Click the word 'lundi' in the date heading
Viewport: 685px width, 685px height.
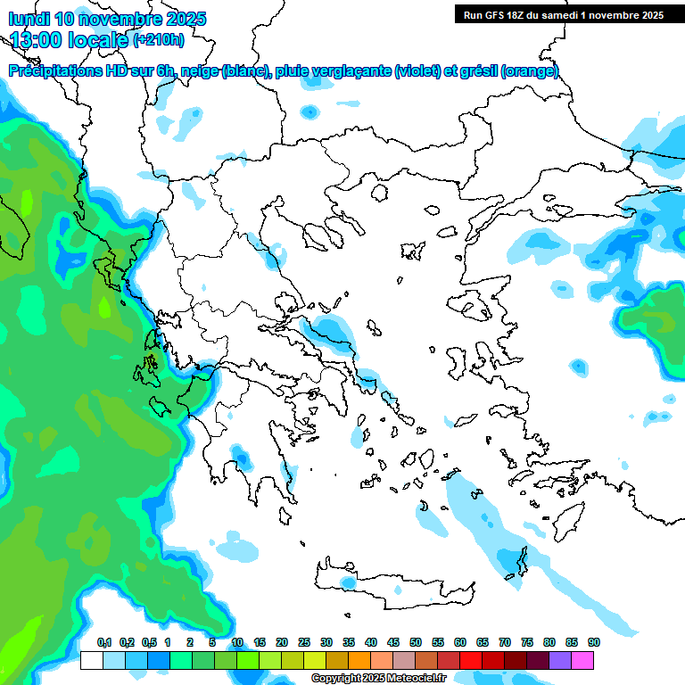tap(29, 19)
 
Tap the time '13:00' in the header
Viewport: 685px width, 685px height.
tap(36, 39)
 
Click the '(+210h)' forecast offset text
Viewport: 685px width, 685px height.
tap(158, 39)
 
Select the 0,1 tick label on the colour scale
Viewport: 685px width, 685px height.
tap(104, 642)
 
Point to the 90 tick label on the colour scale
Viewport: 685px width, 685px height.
tap(593, 642)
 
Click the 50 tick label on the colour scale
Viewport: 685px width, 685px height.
tap(416, 642)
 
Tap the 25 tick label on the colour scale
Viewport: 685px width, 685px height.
tap(304, 642)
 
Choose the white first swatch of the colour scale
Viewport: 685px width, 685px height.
tap(91, 660)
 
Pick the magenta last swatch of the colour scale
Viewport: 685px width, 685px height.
tap(582, 660)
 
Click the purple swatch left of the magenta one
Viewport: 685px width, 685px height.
tap(560, 660)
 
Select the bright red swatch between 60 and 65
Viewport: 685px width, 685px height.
tap(471, 660)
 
